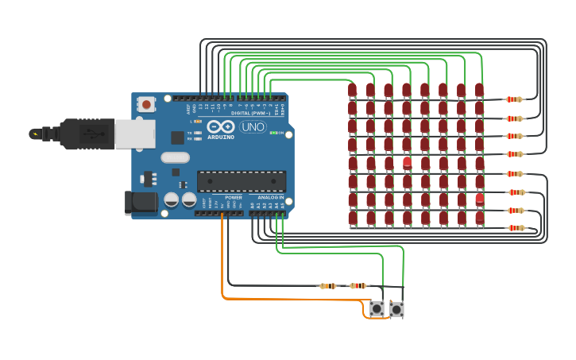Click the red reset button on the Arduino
(146, 104)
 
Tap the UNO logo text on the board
(253, 126)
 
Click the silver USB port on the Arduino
(134, 134)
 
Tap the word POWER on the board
(234, 197)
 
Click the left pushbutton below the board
(377, 308)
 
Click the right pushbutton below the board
(396, 309)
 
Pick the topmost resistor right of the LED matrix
(516, 99)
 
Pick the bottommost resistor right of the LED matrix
(516, 228)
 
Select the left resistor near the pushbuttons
(328, 285)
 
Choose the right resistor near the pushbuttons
(358, 285)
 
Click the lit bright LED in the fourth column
(407, 162)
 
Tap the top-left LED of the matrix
(352, 90)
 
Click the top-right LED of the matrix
(479, 90)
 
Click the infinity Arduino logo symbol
(220, 126)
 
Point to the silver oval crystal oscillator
(175, 157)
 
